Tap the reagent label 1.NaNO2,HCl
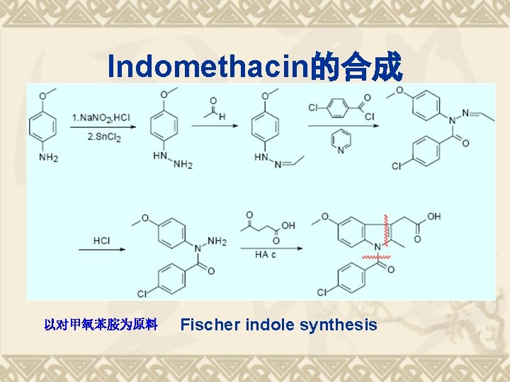100,117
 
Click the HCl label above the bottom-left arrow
101,241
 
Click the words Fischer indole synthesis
279,325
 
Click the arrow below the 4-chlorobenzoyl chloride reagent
341,127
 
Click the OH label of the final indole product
433,216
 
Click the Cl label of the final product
322,292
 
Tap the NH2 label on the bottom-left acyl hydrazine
217,242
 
